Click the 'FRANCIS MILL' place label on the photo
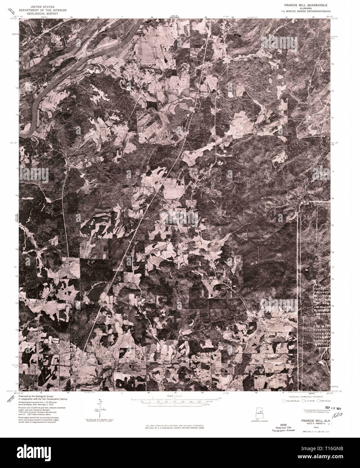[207, 92]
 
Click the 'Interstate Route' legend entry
[291, 401]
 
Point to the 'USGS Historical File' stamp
[279, 425]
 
